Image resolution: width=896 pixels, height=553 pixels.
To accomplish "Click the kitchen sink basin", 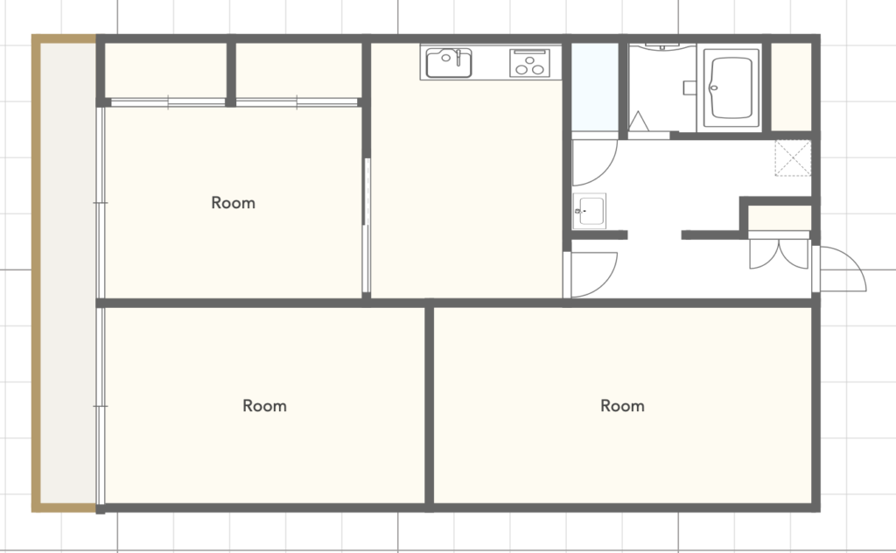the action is coord(449,63).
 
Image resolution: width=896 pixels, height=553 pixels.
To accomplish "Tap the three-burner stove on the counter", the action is coord(529,63).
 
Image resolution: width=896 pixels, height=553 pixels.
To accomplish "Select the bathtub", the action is coord(731,87).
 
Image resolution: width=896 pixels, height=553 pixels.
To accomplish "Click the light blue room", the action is coord(595,87).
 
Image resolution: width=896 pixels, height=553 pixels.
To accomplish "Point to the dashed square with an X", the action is coord(793,157).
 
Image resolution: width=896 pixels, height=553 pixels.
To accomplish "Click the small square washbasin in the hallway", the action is coord(589,211).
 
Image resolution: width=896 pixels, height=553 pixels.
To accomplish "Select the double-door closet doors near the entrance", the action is coord(778,254).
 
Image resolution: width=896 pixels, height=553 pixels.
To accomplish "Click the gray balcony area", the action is coord(68,273).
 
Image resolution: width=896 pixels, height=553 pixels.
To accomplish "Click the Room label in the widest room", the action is coord(622,406).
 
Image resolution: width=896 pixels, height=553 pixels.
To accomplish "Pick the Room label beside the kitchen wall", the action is coord(233,203).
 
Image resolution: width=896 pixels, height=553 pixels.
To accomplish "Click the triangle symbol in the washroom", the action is coord(638,121).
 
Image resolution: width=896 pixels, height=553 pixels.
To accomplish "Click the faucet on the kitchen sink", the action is coord(458,57).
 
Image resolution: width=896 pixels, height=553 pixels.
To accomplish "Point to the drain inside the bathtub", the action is coord(713,87).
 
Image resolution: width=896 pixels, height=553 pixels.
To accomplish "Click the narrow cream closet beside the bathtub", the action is coord(791,87).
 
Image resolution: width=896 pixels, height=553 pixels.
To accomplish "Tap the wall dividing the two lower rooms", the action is coord(430,405).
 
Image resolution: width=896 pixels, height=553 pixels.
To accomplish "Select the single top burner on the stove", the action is coord(529,59).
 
